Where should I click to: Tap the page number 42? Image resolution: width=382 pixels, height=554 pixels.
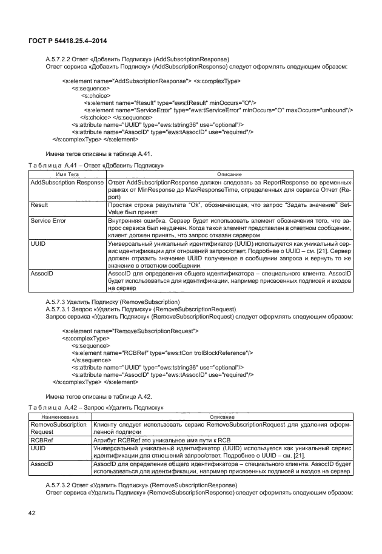coord(32,514)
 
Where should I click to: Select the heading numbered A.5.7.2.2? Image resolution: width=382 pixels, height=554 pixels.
coord(138,59)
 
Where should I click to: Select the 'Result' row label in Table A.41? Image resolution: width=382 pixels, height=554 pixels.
coord(39,206)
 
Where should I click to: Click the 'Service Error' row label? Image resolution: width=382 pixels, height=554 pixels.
coord(49,221)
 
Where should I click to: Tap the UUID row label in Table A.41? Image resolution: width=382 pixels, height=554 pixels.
coord(38,243)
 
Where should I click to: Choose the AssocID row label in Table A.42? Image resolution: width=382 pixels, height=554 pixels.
coord(42,464)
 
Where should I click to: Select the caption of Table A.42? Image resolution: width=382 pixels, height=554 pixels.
coord(96,407)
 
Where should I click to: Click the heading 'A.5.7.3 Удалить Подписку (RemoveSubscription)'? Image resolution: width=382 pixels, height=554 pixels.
coord(113,301)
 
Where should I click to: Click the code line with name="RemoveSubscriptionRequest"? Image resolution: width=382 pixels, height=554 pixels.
coord(130,331)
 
